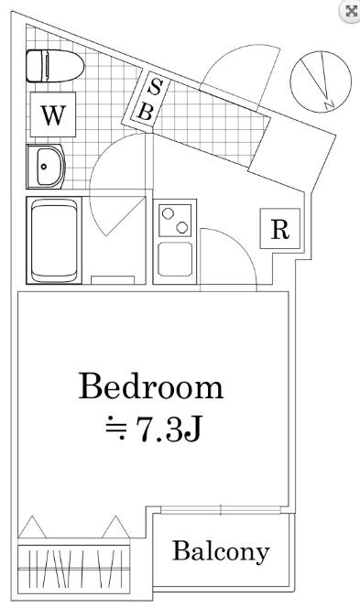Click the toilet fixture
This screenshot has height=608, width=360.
tap(55, 66)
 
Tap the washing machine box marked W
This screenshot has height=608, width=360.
tap(53, 114)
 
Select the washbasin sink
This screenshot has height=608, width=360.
tap(46, 167)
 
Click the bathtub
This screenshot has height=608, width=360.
tap(54, 241)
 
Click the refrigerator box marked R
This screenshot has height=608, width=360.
tap(280, 229)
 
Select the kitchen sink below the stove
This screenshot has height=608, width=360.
tap(175, 260)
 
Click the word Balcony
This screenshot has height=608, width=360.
tap(221, 552)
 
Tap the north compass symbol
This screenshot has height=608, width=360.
tap(321, 81)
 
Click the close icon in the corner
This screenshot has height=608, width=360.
tap(351, 11)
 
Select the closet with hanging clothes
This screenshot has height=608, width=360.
tap(73, 569)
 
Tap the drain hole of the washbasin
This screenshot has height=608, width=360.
tap(43, 167)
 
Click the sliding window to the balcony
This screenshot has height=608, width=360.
tap(221, 509)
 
